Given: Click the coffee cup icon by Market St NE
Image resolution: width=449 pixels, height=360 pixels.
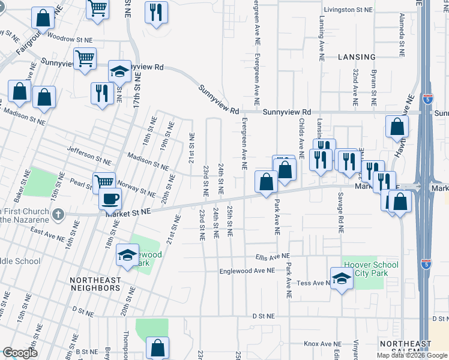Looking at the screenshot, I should tap(110, 199).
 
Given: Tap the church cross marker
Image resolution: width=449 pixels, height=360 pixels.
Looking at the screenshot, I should tap(58, 214).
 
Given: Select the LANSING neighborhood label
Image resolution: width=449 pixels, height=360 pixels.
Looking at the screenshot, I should tap(357, 57).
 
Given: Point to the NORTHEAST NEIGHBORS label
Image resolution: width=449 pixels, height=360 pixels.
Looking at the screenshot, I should tap(95, 288).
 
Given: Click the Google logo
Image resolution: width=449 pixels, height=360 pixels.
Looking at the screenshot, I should tap(20, 353).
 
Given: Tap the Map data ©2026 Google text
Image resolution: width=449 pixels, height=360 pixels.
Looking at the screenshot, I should tap(412, 355).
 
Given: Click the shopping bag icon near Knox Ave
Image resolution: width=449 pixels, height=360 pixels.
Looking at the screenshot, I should tap(157, 347).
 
